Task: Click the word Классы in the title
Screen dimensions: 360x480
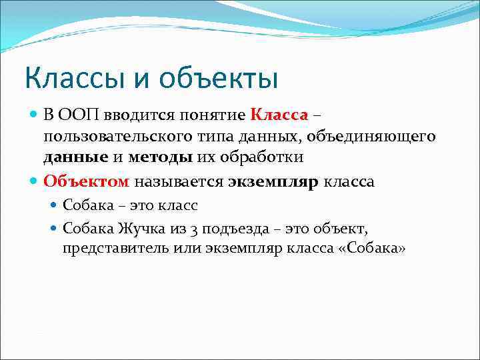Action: pyautogui.click(x=66, y=78)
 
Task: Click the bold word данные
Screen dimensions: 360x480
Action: pyautogui.click(x=75, y=158)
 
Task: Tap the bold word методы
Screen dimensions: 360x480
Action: pyautogui.click(x=161, y=158)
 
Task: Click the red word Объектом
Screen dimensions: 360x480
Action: pyautogui.click(x=87, y=181)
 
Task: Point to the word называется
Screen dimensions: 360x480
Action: pyautogui.click(x=180, y=181)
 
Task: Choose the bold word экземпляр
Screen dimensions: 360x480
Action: pyautogui.click(x=273, y=181)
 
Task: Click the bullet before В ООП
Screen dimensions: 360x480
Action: pyautogui.click(x=34, y=115)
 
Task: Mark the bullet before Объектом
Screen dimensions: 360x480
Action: pyautogui.click(x=34, y=181)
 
